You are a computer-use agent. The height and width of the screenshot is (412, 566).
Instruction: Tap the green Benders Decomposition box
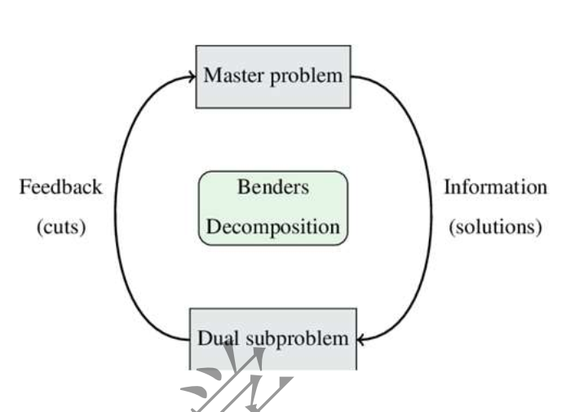[273, 208]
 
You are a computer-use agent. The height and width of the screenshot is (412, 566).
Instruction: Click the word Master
[231, 77]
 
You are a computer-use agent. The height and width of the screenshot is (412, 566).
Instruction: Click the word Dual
[214, 338]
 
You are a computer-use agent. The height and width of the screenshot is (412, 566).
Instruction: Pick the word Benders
[273, 187]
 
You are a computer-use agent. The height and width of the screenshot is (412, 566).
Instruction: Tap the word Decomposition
[273, 227]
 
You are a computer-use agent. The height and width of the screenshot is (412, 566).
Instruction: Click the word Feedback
[61, 187]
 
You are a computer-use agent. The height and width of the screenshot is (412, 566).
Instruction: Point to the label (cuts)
[61, 227]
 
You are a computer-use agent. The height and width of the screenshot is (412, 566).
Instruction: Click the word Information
[495, 187]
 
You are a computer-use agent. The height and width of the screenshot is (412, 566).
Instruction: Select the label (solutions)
[495, 227]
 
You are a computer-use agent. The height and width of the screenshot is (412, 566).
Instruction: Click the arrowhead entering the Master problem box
[191, 77]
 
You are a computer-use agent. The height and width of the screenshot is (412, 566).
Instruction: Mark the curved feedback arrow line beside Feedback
[116, 208]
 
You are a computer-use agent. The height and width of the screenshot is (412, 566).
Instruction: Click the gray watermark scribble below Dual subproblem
[245, 383]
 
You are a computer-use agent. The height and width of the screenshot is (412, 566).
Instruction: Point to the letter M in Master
[211, 77]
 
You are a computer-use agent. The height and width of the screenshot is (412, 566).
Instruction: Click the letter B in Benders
[243, 187]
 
